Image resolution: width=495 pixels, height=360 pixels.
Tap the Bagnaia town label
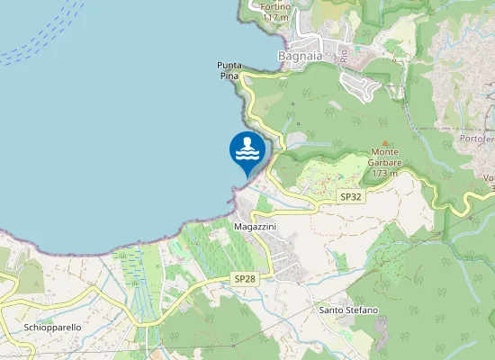click(x=301, y=56)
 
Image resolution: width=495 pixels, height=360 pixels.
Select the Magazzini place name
click(x=255, y=226)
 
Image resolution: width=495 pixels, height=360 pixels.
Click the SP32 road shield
click(x=350, y=196)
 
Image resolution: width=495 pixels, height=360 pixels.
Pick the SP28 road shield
click(x=245, y=280)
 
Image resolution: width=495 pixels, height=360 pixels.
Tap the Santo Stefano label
click(x=348, y=310)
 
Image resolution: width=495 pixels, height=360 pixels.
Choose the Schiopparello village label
click(x=53, y=327)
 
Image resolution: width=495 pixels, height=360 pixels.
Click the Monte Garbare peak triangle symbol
click(x=384, y=142)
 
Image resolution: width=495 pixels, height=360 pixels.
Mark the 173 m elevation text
click(x=384, y=173)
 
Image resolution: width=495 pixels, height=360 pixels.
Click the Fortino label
click(x=276, y=5)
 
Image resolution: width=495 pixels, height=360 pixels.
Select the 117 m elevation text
click(x=275, y=17)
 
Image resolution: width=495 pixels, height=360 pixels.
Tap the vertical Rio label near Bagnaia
click(x=344, y=53)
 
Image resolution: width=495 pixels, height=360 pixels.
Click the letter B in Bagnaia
click(x=283, y=56)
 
